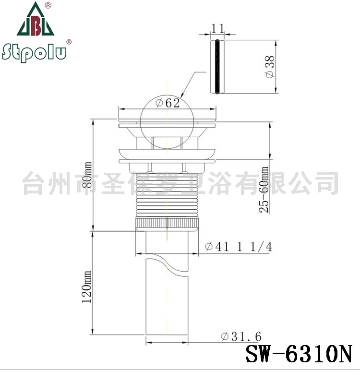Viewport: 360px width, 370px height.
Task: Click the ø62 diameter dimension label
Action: tap(168, 103)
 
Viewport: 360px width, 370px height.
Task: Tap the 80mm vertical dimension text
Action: tap(86, 175)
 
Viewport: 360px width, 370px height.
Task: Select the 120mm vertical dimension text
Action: tap(86, 286)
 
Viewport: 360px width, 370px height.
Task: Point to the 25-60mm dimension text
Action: tap(264, 190)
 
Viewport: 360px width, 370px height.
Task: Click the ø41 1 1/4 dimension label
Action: tap(239, 247)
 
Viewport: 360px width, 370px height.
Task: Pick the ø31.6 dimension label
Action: tap(241, 336)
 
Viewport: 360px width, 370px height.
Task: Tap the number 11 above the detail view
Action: tap(217, 28)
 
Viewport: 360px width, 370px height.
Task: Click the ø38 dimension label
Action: tap(270, 67)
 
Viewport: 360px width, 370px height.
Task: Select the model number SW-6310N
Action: tap(299, 354)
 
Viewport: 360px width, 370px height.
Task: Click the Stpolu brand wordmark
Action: tap(34, 52)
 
